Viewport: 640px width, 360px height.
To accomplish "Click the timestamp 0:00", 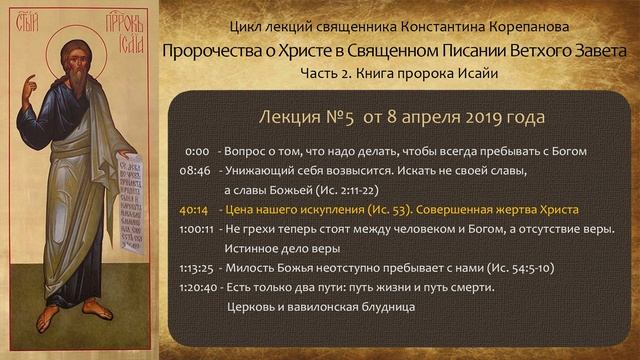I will (x=196, y=151).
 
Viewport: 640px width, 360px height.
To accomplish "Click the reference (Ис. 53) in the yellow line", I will (x=385, y=211).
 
